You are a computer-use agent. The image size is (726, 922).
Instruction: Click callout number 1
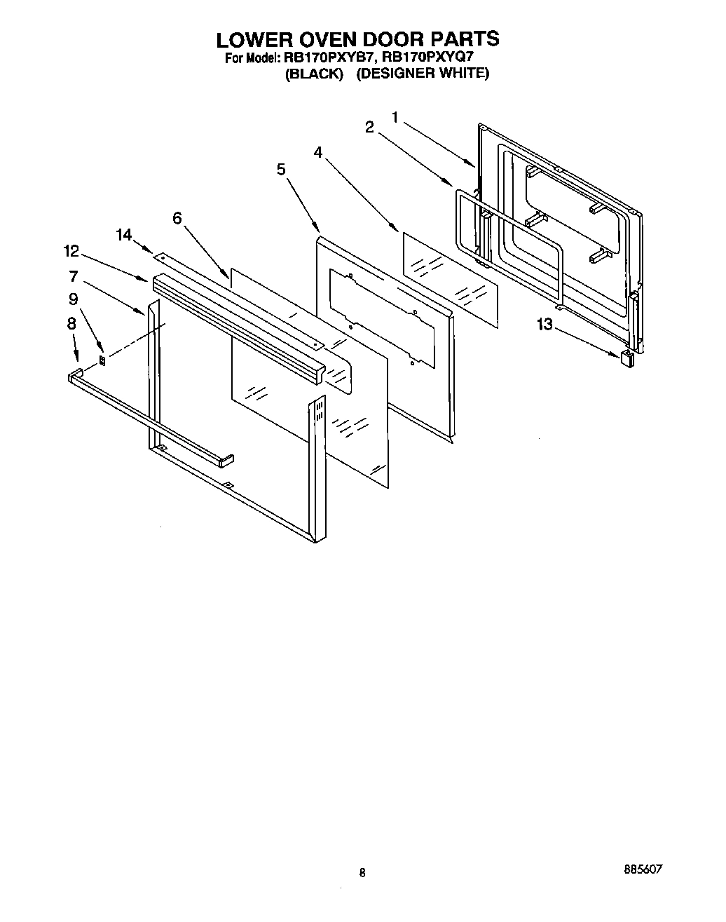[x=395, y=117]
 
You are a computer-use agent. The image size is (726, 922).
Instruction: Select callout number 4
[x=318, y=152]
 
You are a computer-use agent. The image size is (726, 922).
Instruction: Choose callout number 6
[x=177, y=218]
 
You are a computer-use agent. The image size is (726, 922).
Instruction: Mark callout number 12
[x=71, y=251]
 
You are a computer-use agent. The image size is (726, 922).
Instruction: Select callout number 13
[x=544, y=324]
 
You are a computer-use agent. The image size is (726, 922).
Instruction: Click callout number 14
[x=124, y=234]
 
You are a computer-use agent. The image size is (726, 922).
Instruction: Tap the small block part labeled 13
[x=628, y=358]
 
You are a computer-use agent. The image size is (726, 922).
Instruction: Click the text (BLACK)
[x=314, y=74]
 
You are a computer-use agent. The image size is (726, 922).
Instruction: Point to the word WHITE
[x=463, y=73]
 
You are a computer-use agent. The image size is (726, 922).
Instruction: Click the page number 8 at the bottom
[x=362, y=873]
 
